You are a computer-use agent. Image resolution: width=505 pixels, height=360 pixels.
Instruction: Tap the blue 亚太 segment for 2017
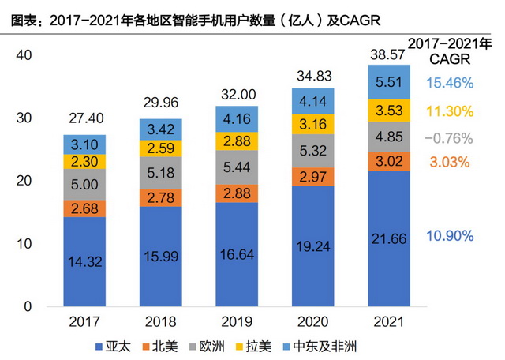click(84, 261)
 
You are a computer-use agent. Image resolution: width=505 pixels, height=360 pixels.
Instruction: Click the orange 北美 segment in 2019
click(237, 194)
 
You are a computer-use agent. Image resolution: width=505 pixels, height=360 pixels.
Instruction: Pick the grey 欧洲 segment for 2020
click(312, 150)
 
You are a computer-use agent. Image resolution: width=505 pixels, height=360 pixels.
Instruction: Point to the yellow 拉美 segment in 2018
click(160, 148)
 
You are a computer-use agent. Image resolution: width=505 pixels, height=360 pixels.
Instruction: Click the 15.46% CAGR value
click(448, 82)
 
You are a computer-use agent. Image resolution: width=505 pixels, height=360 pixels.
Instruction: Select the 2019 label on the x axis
click(237, 322)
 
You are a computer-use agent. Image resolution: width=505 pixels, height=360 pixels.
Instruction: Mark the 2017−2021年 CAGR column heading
click(448, 50)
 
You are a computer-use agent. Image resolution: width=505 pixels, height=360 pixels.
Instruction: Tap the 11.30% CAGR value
click(448, 111)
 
